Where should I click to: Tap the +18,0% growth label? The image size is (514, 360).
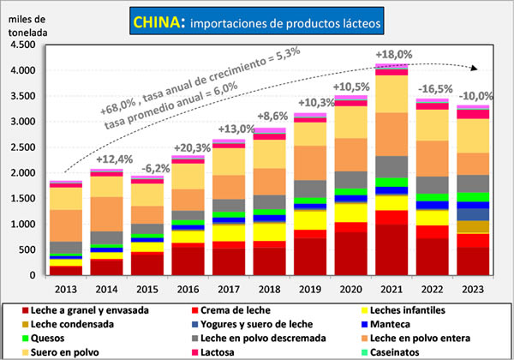click(392, 55)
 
